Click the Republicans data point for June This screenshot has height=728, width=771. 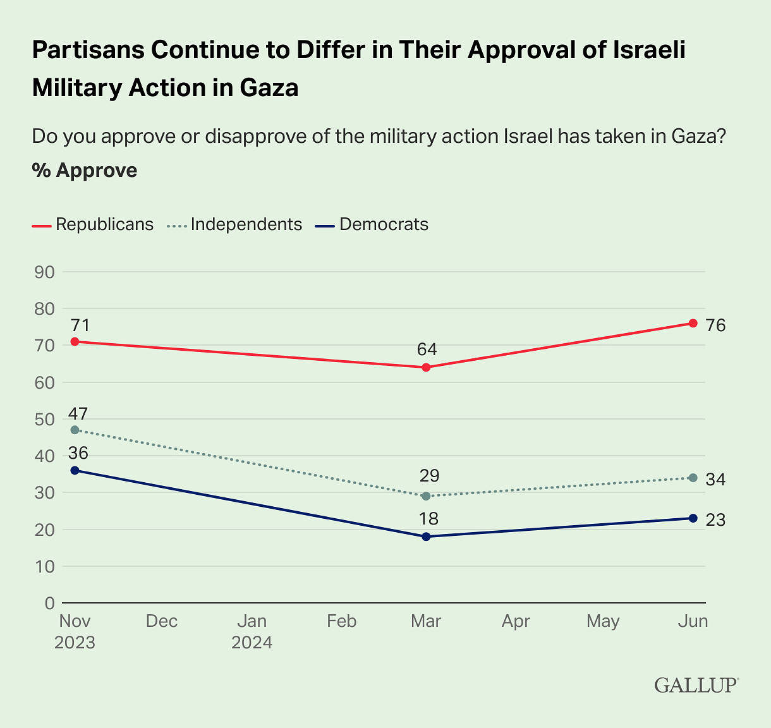[693, 323]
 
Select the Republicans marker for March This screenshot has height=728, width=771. [426, 367]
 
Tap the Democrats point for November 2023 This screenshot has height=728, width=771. [75, 470]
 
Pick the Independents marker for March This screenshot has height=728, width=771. [426, 496]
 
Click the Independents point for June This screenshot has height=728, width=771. [693, 478]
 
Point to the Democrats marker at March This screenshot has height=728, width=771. [426, 537]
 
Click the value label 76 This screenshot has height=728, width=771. [715, 326]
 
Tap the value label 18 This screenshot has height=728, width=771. [428, 519]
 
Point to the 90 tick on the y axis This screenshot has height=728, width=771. [46, 272]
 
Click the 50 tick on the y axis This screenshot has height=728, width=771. [46, 420]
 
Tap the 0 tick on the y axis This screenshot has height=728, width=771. [49, 604]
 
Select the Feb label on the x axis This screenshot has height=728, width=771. [342, 622]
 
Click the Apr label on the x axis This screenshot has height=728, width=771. [516, 622]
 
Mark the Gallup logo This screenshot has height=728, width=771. [696, 685]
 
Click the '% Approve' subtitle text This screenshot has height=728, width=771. [85, 171]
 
